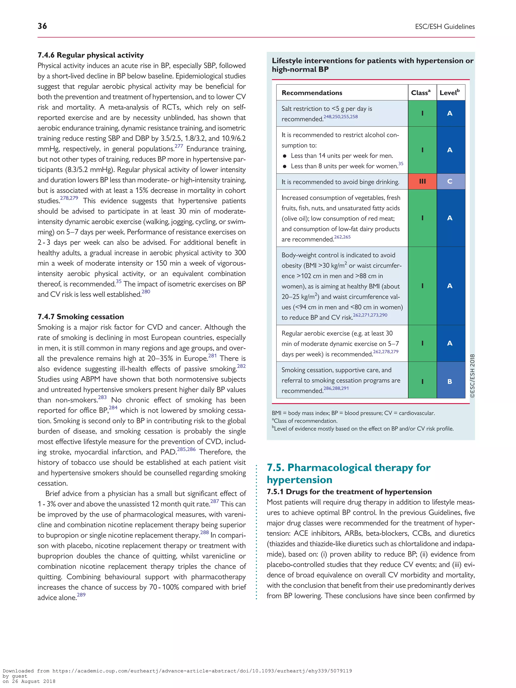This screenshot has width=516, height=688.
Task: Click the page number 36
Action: pos(42,26)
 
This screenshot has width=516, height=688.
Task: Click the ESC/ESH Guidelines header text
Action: pos(444,27)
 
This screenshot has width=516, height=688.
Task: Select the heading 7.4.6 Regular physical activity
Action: pos(90,55)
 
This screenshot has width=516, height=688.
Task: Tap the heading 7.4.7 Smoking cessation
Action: pos(81,317)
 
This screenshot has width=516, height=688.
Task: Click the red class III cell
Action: pos(422,181)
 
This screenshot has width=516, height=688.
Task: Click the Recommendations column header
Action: pos(312,93)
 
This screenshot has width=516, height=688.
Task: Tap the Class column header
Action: pos(421,93)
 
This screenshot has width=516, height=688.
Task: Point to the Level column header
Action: pos(449,93)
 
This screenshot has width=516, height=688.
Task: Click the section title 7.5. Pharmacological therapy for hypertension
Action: pos(348,473)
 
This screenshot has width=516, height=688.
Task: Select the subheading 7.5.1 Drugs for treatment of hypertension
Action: pos(349,492)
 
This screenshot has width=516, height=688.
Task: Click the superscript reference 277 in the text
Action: pos(179,146)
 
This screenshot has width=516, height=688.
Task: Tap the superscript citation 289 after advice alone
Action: pos(81,595)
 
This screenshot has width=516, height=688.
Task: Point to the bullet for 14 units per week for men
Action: pos(285,156)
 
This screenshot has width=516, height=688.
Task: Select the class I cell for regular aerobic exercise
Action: pos(422,343)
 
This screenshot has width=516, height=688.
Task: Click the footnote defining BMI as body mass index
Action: pos(353,413)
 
